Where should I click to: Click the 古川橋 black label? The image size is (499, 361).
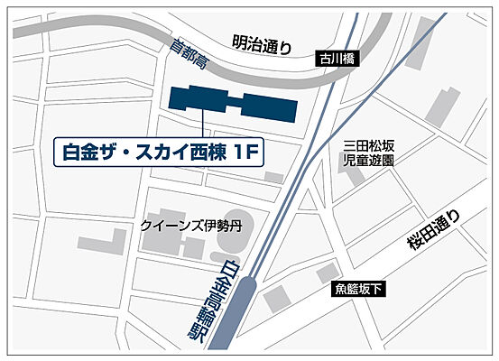(340, 59)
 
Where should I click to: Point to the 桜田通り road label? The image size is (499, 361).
(439, 229)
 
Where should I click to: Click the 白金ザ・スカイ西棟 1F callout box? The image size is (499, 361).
(159, 153)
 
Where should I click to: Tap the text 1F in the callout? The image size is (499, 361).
(247, 153)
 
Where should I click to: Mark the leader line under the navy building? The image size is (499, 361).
(204, 124)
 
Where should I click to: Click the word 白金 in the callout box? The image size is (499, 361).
(78, 153)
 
